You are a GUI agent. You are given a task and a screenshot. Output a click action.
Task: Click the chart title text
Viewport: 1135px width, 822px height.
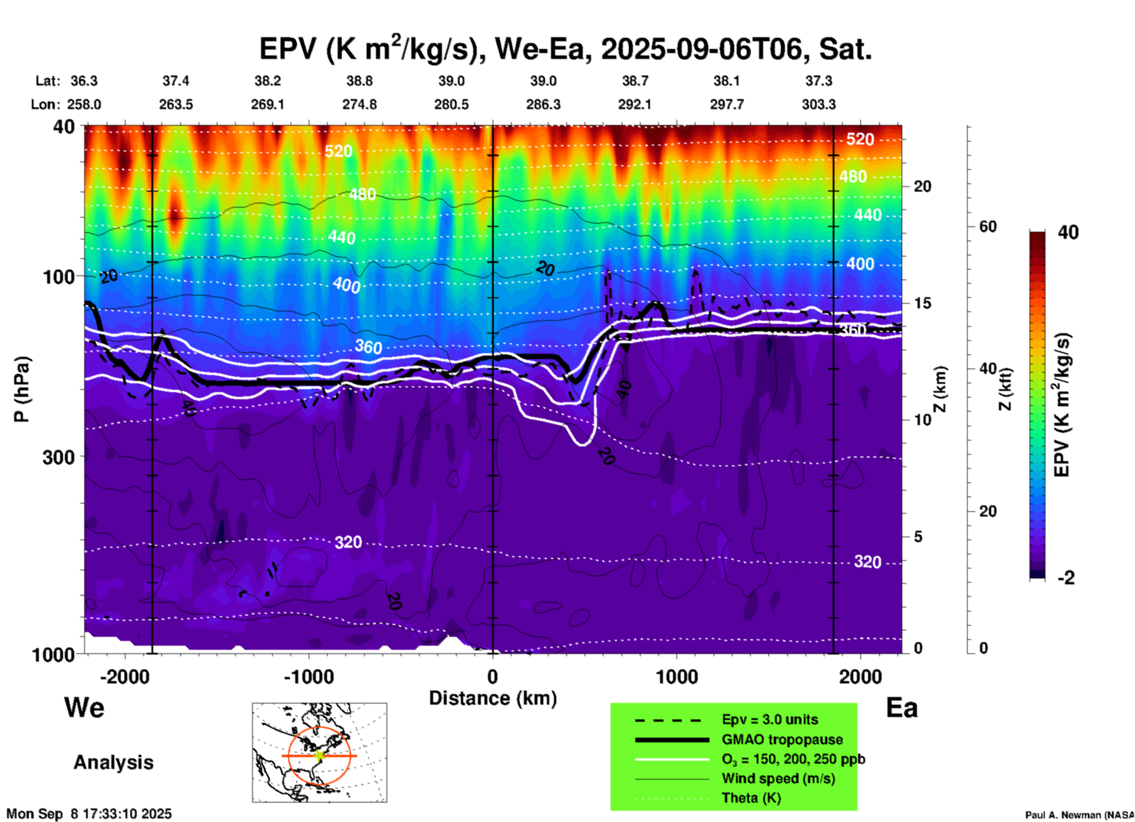[566, 48]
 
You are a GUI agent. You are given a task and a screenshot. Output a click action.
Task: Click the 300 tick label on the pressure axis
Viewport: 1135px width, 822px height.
[58, 457]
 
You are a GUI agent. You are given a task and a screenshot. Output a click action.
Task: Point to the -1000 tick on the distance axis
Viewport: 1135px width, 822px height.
[309, 676]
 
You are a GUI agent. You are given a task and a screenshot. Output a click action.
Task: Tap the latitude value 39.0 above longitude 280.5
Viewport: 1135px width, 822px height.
[451, 81]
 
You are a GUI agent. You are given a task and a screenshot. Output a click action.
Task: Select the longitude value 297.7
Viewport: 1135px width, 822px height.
[727, 104]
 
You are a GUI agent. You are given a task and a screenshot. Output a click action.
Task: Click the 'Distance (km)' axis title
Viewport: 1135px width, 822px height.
[493, 698]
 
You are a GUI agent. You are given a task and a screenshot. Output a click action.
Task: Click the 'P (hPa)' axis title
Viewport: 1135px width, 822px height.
[22, 389]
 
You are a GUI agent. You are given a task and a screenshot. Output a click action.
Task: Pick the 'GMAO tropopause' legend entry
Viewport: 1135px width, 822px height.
[782, 739]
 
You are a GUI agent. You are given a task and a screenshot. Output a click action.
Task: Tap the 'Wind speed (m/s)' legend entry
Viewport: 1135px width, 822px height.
[778, 778]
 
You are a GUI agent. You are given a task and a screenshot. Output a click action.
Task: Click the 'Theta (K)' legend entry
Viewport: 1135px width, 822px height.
[751, 798]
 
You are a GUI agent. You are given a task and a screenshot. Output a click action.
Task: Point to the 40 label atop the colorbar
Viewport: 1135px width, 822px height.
[1068, 232]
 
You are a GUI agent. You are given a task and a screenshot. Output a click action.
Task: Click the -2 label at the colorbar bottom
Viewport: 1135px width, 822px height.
[1066, 578]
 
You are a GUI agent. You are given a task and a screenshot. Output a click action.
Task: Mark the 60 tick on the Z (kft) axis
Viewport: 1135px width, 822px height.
[988, 226]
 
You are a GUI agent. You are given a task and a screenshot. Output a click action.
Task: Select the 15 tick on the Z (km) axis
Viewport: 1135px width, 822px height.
[922, 303]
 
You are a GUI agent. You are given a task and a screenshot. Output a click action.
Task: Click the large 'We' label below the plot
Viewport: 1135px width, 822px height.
[84, 708]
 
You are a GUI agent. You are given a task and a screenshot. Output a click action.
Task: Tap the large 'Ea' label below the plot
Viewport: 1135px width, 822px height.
[902, 708]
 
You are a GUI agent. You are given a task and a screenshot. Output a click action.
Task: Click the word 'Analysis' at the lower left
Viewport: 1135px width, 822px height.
[113, 762]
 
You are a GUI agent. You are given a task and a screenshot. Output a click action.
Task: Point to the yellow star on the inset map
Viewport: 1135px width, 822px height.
[319, 755]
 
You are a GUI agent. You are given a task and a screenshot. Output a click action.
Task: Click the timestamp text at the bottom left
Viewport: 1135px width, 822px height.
[89, 814]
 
